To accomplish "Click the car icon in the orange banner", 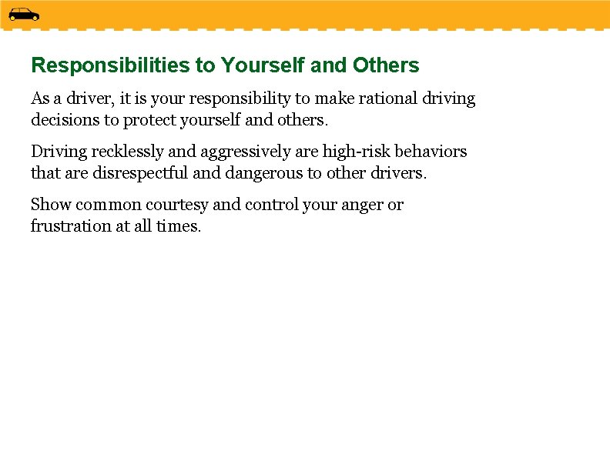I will tap(24, 14).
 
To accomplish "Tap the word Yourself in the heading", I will tap(263, 65).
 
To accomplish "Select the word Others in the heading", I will tap(386, 65).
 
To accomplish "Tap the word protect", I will tap(152, 120).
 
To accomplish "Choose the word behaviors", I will tap(431, 152).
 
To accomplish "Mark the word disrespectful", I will tap(140, 173).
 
